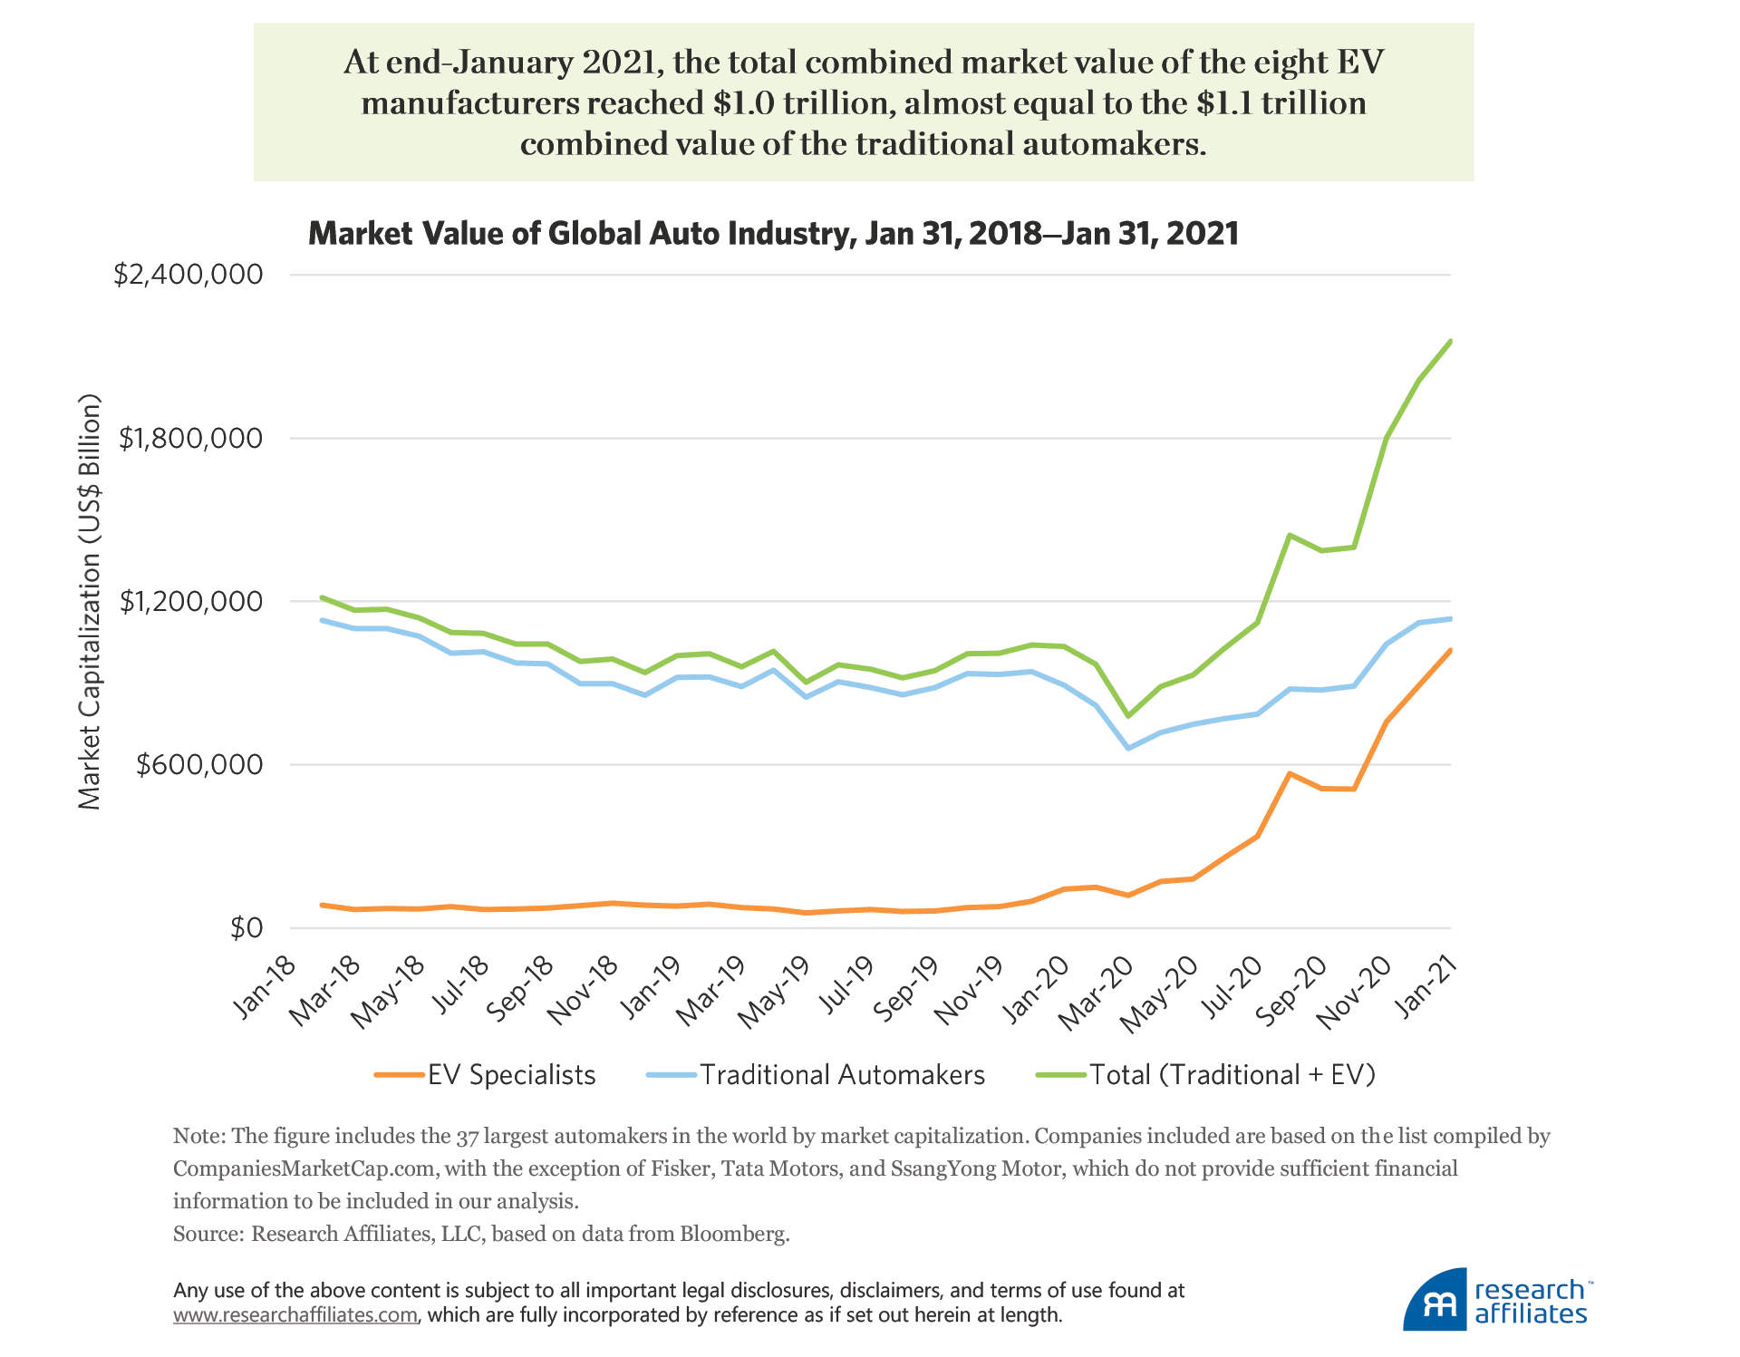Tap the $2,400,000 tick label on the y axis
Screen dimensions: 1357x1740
pos(188,275)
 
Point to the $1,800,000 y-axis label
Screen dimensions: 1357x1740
pos(190,439)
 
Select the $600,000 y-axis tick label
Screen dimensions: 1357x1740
pos(199,765)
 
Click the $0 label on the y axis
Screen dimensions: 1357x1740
pos(246,928)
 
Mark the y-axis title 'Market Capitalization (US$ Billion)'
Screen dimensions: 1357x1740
pos(89,602)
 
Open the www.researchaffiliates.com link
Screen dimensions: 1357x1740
pos(295,1315)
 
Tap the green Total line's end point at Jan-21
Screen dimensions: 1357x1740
pos(1450,342)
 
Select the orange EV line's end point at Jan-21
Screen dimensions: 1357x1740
pos(1450,650)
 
